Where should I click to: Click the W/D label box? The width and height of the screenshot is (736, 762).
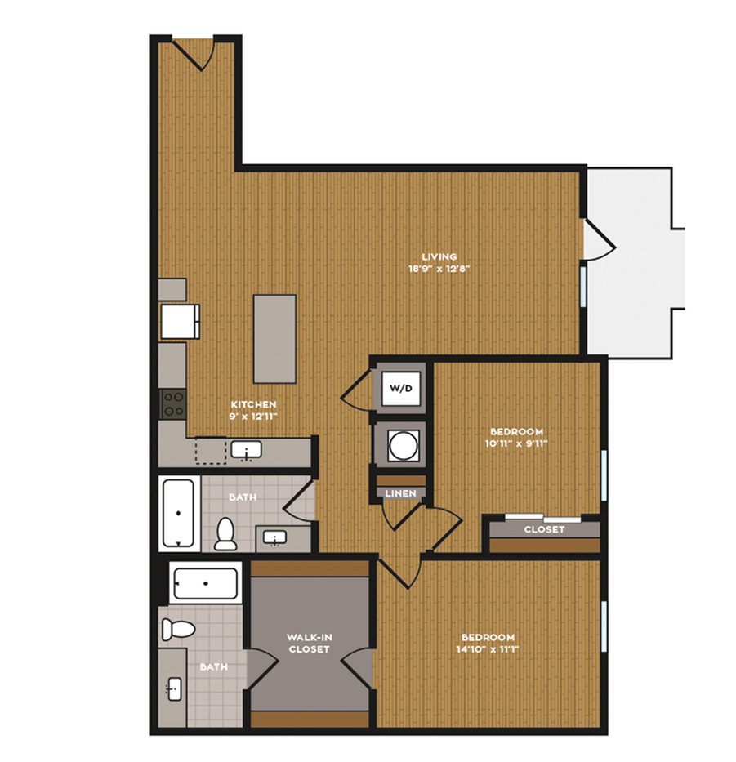point(400,388)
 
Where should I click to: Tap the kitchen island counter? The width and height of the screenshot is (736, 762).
point(274,339)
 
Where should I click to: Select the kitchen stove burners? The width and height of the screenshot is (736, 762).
point(173,403)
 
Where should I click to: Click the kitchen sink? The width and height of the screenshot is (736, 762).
point(247,450)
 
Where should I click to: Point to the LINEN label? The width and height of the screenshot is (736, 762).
point(400,493)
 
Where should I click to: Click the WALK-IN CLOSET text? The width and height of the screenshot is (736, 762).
point(309,643)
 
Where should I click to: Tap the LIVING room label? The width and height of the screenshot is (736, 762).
point(439,256)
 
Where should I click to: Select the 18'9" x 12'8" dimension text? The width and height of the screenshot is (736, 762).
point(439,269)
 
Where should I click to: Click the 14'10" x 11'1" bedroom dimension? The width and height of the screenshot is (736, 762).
point(488,649)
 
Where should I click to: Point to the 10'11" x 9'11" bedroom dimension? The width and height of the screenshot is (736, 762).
point(516,443)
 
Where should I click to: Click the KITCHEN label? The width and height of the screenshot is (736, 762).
point(253,404)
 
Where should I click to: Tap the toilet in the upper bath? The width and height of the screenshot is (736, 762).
point(225,534)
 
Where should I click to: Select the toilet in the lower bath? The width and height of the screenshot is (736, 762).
point(178,629)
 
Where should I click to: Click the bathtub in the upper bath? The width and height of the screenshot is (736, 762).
point(179,513)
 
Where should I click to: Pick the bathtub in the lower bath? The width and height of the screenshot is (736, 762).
point(206,582)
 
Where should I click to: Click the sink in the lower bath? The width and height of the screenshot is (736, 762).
point(174,688)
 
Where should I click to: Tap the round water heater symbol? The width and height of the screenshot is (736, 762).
point(403,446)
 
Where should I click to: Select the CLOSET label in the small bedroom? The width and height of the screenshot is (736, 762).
point(544,529)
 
